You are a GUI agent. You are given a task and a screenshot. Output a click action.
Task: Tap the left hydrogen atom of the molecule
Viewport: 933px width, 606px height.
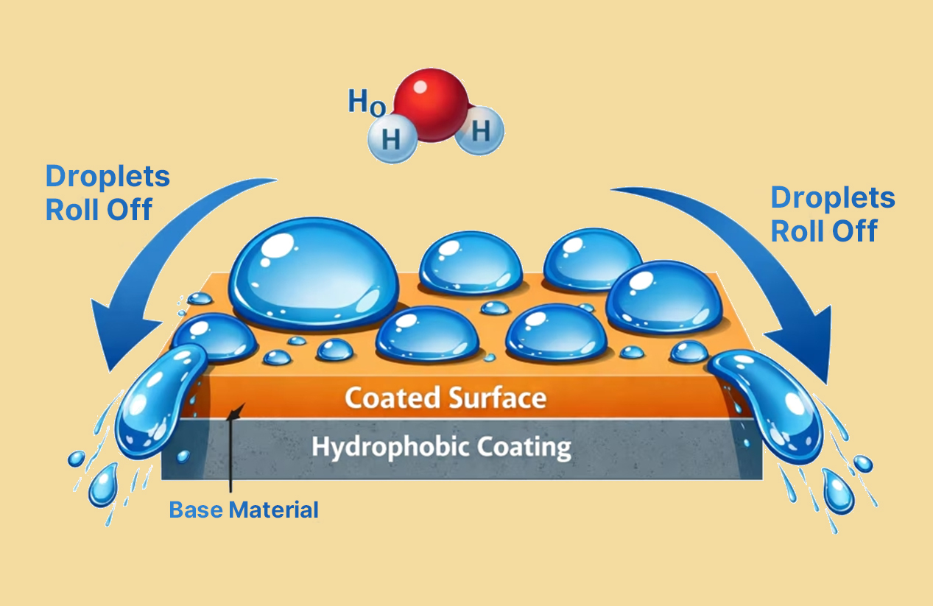(392, 138)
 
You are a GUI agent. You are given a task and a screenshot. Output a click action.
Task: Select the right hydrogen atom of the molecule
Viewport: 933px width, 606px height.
(479, 130)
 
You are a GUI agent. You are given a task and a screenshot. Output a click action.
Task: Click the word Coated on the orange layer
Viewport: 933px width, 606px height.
(392, 398)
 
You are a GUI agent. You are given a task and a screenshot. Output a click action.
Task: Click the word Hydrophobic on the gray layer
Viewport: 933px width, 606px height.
(391, 448)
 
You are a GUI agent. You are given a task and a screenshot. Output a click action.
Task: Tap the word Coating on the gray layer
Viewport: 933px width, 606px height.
(524, 448)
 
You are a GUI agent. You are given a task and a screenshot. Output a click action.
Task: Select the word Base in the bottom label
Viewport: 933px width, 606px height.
(196, 510)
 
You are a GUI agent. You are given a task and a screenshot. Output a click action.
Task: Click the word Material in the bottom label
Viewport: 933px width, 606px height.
(274, 510)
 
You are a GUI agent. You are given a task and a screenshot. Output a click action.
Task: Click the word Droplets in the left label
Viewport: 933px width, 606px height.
(108, 177)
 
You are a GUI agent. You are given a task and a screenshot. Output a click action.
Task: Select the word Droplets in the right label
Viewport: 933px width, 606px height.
(833, 199)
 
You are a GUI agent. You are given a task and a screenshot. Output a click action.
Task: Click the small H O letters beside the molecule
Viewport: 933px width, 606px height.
(367, 102)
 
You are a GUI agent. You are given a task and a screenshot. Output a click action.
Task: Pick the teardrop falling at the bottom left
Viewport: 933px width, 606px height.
(103, 485)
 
